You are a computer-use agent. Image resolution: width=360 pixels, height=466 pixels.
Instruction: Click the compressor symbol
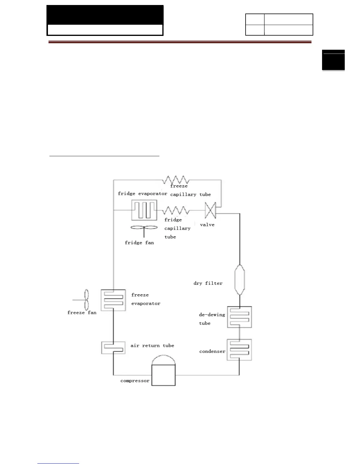click(163, 372)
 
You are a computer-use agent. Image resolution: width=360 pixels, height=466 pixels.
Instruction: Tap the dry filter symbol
click(240, 279)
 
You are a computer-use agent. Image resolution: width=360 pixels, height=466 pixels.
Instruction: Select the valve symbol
click(210, 210)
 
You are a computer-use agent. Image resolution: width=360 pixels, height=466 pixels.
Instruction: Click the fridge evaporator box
click(144, 210)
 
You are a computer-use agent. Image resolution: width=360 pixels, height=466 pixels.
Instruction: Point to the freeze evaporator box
click(113, 300)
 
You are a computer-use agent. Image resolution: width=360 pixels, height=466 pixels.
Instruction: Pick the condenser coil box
click(239, 350)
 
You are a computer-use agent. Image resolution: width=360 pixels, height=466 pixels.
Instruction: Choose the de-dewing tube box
click(239, 317)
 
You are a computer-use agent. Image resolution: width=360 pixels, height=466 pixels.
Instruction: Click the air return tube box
click(113, 348)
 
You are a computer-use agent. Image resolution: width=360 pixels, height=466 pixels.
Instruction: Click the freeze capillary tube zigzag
click(176, 180)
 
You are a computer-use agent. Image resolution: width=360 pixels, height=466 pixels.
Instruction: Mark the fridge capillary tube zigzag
click(176, 210)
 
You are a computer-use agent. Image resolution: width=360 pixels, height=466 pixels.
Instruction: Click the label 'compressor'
click(135, 381)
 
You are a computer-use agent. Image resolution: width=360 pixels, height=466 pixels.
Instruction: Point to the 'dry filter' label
click(208, 283)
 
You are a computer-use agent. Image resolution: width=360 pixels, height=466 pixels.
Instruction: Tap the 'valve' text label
click(207, 225)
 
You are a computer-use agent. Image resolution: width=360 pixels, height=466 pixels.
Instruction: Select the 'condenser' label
click(212, 351)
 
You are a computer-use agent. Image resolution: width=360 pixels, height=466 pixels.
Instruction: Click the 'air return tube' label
click(152, 346)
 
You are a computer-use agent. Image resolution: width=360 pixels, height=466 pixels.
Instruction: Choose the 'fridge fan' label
click(139, 243)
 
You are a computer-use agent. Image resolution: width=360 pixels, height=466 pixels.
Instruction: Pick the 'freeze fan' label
click(82, 313)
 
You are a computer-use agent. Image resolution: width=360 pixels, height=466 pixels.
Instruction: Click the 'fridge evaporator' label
click(142, 194)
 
